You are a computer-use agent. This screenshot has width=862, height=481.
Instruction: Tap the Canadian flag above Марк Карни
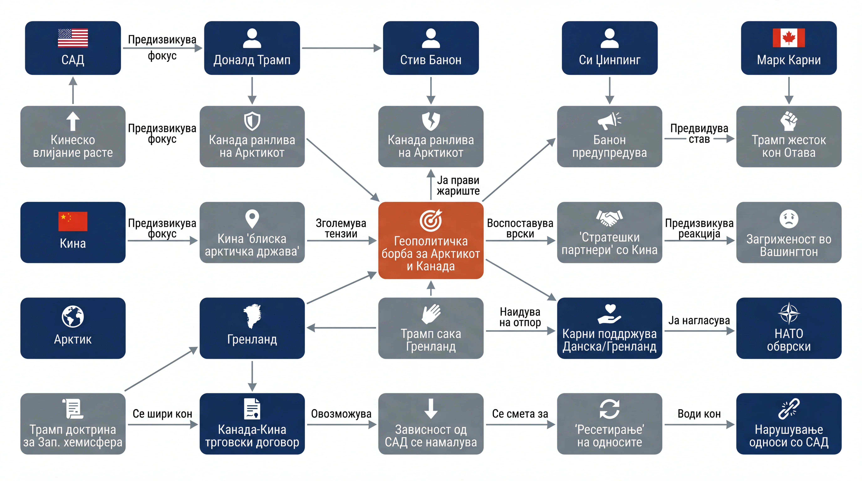[x=789, y=38]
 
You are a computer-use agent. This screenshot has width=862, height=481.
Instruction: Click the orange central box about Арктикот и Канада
[x=431, y=240]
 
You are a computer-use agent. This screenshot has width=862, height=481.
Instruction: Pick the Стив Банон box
[x=431, y=48]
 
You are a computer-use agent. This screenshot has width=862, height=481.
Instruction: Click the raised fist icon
[x=789, y=121]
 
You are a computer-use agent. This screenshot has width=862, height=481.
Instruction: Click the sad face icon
[x=789, y=219]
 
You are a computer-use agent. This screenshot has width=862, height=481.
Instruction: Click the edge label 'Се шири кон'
[x=162, y=414]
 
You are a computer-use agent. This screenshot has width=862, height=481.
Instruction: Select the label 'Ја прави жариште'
[x=458, y=186]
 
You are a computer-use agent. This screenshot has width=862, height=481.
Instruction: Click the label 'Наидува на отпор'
[x=520, y=317]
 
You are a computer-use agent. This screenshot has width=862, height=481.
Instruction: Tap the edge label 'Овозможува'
[x=341, y=414]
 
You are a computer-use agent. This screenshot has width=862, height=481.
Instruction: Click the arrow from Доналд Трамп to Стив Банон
[x=341, y=48]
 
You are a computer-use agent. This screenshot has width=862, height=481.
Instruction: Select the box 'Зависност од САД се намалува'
[x=431, y=424]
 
